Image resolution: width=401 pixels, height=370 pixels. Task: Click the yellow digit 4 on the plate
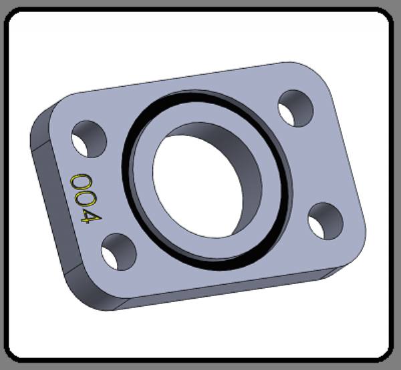coord(91,217)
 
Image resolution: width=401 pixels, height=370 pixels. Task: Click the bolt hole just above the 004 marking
coord(89,139)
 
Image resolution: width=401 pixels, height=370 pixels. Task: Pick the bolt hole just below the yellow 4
coord(119,251)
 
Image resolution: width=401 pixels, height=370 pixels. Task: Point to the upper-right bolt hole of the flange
coord(295,108)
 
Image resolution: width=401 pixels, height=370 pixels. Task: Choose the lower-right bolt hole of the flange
coord(325,221)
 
